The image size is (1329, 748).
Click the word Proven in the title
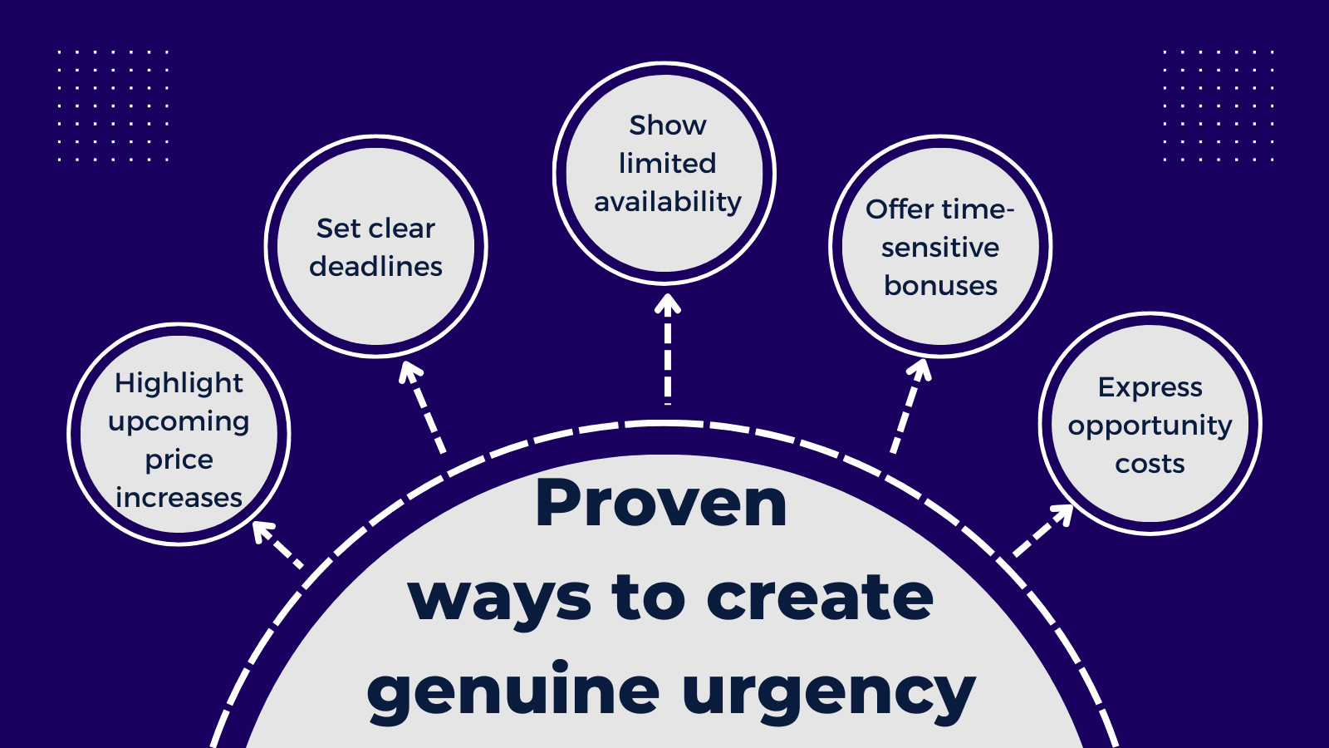point(661,504)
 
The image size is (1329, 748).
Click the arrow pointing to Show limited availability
point(667,349)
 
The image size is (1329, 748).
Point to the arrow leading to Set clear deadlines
point(424,407)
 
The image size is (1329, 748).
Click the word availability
point(668,202)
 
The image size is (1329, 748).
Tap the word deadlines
point(375,267)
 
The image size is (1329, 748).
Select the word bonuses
point(940,286)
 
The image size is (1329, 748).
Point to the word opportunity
point(1150,426)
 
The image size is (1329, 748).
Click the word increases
point(179,498)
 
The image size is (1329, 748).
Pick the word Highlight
point(179,383)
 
